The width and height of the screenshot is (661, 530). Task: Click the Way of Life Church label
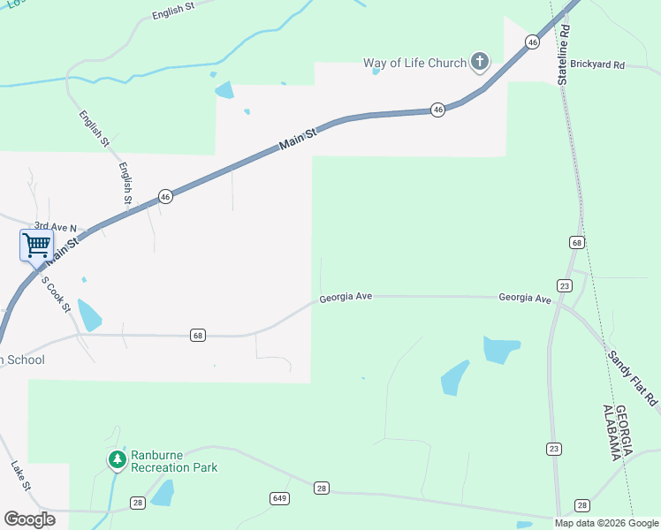click(414, 63)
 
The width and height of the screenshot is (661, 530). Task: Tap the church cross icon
click(479, 62)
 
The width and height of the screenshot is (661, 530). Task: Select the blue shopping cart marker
click(36, 245)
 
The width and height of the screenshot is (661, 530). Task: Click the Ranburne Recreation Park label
click(173, 461)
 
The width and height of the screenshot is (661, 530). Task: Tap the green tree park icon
click(117, 459)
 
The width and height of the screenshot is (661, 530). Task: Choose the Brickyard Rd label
click(596, 65)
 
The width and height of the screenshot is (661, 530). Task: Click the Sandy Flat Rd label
click(633, 378)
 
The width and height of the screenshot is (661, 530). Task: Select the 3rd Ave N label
click(61, 227)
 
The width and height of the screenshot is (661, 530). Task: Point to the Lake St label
click(20, 475)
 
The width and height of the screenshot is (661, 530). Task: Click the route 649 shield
click(279, 499)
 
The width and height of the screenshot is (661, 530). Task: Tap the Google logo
click(29, 519)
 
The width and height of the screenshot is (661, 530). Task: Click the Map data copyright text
click(606, 523)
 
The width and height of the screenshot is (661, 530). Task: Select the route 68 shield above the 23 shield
click(577, 242)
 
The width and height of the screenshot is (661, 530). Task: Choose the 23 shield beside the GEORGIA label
click(554, 450)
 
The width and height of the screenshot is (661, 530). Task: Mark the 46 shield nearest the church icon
click(531, 42)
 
